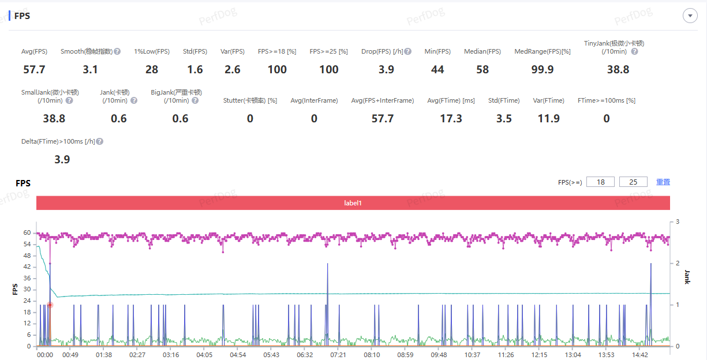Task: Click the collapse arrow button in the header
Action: [x=690, y=16]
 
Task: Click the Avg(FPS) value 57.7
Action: [x=34, y=70]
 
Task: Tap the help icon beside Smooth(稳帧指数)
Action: [x=117, y=52]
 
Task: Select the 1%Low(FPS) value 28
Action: [x=152, y=70]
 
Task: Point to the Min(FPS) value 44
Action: [x=437, y=70]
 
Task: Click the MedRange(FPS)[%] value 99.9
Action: [x=543, y=70]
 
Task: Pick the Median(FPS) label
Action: [x=482, y=52]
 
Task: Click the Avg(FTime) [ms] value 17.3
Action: [x=451, y=119]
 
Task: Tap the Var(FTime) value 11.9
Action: [x=548, y=119]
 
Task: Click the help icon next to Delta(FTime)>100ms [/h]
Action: [x=100, y=141]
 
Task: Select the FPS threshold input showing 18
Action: [x=600, y=182]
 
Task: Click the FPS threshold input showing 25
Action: [x=633, y=182]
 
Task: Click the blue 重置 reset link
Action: [x=663, y=182]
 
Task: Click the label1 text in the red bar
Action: [x=353, y=203]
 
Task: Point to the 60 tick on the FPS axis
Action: [x=27, y=233]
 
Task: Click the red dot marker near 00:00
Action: [x=50, y=305]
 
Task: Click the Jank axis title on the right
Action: [x=687, y=277]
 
